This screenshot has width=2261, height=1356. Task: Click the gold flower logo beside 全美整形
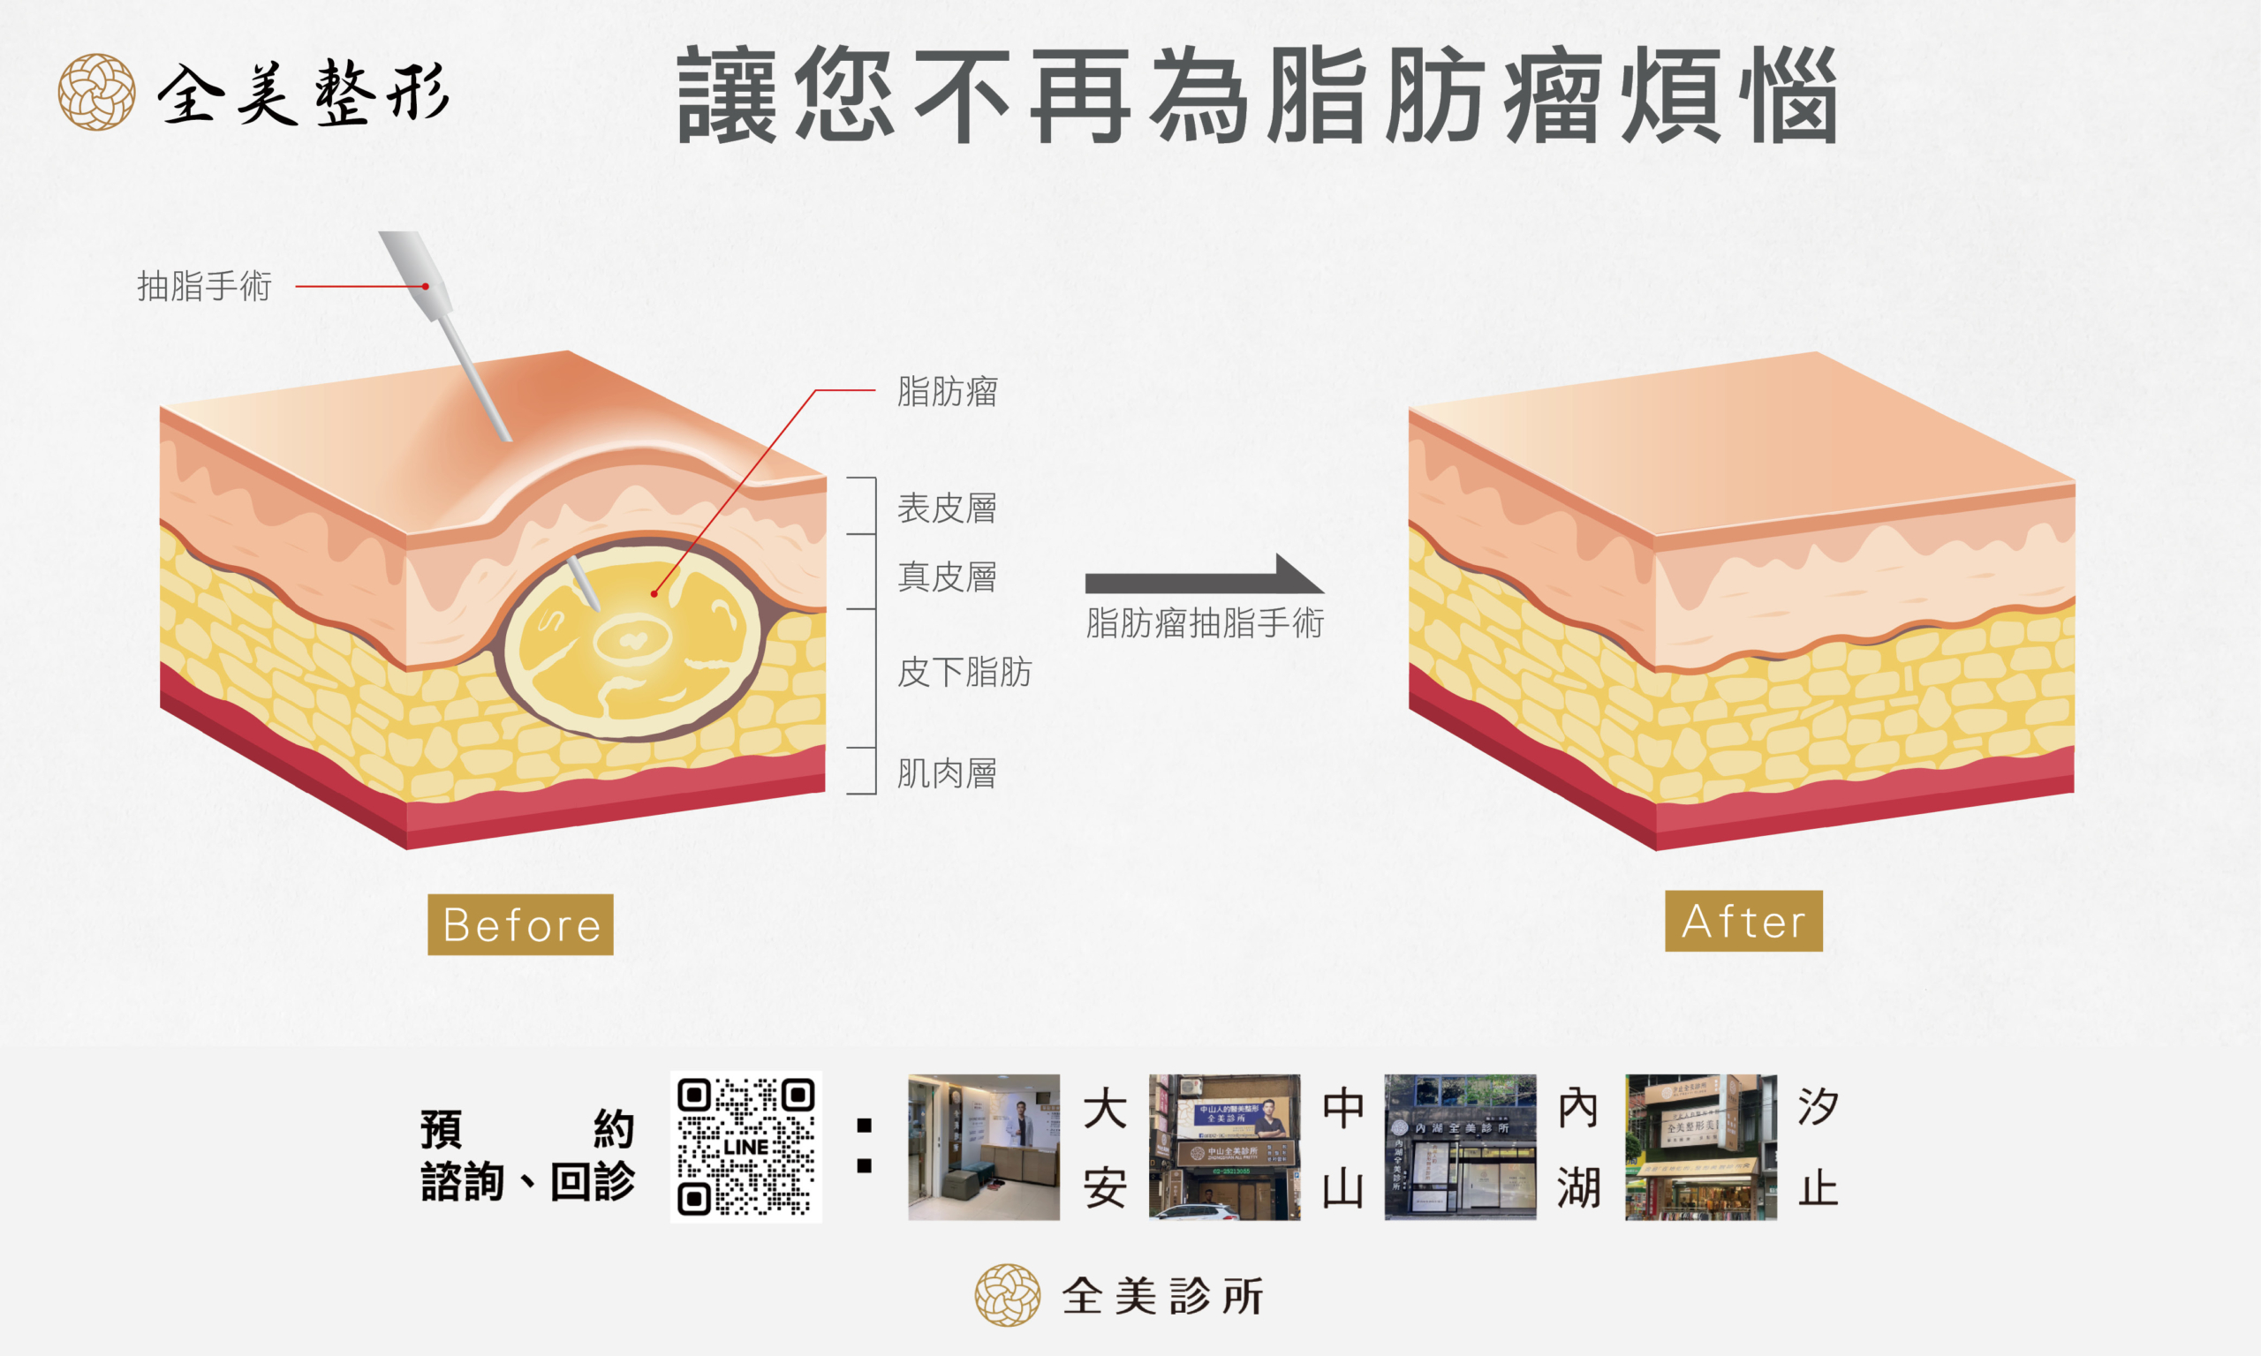pos(97,93)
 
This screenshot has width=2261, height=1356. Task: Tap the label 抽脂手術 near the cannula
pos(205,286)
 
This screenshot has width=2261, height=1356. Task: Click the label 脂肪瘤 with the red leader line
pos(948,391)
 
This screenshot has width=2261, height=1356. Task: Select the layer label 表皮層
pos(947,508)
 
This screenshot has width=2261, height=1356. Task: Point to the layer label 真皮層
pos(947,576)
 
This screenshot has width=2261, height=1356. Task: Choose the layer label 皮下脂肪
pos(964,672)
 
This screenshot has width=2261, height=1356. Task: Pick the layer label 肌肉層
pos(947,773)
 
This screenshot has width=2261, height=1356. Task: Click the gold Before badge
pos(520,924)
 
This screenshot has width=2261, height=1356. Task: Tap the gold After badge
pos(1743,921)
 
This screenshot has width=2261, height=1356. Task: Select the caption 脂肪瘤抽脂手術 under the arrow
pos(1205,623)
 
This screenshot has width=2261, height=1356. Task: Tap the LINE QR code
pos(745,1147)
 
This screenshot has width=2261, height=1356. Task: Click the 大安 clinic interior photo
pos(983,1147)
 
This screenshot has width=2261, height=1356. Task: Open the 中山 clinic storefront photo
pos(1224,1147)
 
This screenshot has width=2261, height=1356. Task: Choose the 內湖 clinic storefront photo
pos(1460,1147)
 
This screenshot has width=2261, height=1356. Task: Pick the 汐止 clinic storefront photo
pos(1700,1147)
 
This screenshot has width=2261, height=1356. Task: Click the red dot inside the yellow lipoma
pos(654,594)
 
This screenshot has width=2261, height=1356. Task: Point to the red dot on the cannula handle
pos(426,286)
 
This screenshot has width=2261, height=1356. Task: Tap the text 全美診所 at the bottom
pos(1162,1296)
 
